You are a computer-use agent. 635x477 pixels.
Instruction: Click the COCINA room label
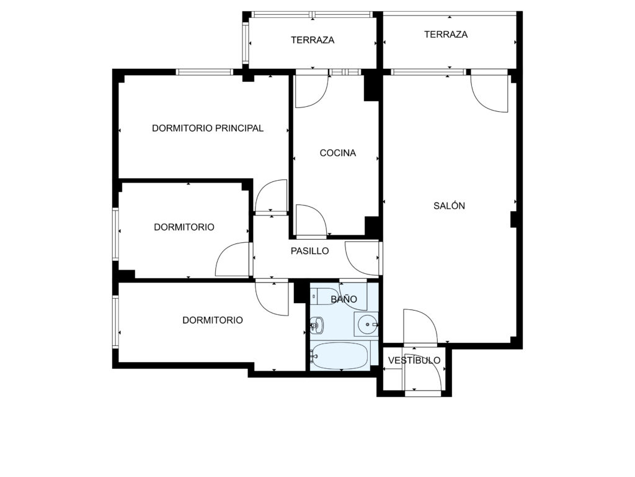pos(338,153)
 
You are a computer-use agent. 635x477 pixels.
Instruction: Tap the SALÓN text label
pos(449,206)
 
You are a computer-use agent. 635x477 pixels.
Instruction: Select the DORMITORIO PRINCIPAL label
pos(208,128)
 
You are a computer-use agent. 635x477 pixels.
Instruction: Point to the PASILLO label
pos(310,251)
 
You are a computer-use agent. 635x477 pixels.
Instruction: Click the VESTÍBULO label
pos(414,360)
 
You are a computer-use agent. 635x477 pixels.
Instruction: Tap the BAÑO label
pos(344,299)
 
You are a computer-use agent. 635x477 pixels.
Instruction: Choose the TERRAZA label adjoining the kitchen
pos(313,40)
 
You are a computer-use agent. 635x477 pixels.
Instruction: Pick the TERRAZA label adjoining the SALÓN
pos(446,35)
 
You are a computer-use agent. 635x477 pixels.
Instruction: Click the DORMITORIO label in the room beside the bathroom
pos(213,320)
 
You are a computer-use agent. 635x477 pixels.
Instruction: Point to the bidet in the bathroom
pos(316,325)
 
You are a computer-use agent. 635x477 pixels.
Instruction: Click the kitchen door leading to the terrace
pos(311,91)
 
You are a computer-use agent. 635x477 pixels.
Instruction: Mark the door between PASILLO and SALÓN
pos(362,258)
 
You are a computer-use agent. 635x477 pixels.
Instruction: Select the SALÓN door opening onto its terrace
pos(490,94)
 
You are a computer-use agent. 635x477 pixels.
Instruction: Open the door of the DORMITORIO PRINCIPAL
pos(271,196)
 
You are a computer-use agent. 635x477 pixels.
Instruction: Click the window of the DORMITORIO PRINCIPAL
pos(205,72)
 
